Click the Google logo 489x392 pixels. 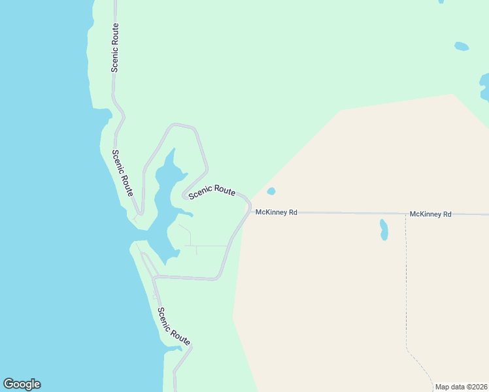coord(22,384)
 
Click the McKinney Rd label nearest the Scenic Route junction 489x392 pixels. coord(276,212)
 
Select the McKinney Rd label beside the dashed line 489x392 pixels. coord(430,214)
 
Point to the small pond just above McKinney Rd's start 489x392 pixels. coord(271,191)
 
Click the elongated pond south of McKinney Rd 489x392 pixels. coord(384,229)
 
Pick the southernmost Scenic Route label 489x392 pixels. coord(174,326)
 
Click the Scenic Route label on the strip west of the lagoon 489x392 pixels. coord(122,173)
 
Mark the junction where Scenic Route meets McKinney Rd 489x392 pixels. coord(250,211)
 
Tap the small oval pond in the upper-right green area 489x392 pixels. coord(462,46)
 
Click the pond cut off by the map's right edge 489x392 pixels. coord(484,87)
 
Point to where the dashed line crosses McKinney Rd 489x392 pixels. coord(405,214)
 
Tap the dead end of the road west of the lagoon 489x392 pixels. coord(140,214)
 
